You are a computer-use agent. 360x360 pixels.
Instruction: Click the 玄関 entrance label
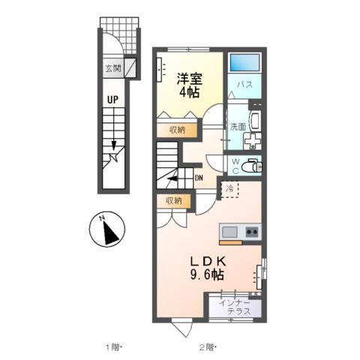[112, 68]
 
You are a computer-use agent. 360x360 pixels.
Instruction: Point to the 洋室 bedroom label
[190, 77]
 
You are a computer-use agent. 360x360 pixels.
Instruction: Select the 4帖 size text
[190, 92]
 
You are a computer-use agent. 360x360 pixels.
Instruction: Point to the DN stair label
[199, 178]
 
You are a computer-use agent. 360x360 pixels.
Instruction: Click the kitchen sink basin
[229, 232]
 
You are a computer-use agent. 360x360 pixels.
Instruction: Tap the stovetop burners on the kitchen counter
[251, 232]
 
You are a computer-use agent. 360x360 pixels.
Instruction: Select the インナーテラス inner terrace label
[234, 307]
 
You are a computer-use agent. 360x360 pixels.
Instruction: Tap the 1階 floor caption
[112, 346]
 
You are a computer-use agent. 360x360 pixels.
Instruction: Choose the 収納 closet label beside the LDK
[174, 200]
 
